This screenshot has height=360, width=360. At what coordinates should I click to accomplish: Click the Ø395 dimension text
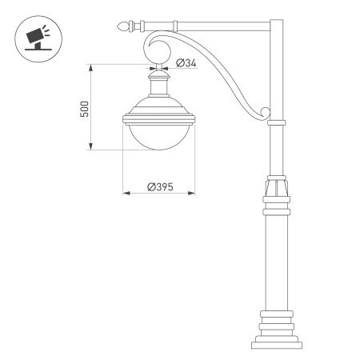tap(160, 186)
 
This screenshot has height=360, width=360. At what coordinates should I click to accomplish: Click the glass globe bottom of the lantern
tap(160, 138)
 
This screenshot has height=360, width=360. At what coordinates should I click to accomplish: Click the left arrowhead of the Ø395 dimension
tap(124, 193)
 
